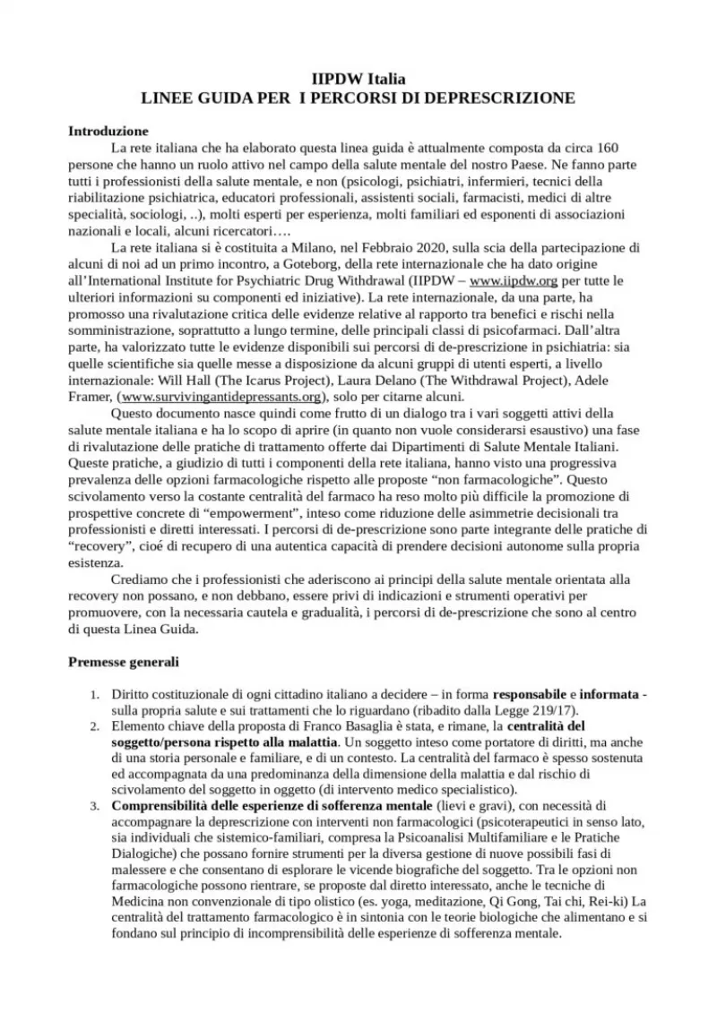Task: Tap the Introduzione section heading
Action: (x=108, y=131)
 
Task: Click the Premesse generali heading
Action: (x=124, y=664)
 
